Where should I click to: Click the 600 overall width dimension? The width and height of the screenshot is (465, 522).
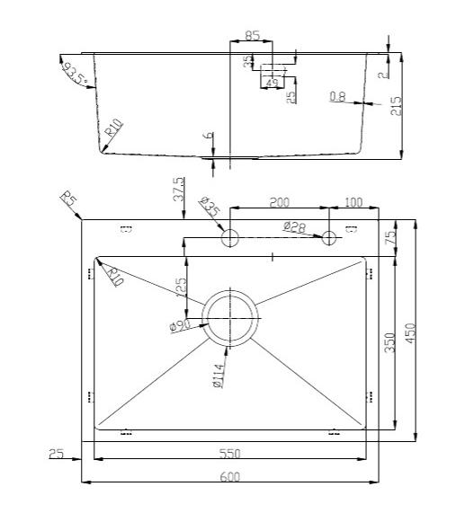229,477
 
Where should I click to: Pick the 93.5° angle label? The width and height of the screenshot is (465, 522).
73,71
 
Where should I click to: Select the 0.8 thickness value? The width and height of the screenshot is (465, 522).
338,96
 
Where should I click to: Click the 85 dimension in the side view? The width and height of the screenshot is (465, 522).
252,36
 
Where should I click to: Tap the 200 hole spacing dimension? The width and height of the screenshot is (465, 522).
280,202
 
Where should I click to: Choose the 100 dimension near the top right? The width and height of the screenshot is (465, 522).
353,202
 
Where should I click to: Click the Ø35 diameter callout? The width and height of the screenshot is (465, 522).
209,208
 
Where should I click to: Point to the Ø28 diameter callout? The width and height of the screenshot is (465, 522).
294,227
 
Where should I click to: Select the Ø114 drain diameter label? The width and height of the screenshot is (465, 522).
218,375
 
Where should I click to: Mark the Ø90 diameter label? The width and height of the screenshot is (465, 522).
180,324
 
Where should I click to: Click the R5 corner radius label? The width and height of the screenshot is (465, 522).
67,199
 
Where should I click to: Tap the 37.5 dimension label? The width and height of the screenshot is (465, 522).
178,189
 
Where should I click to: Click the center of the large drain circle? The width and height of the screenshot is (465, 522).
230,317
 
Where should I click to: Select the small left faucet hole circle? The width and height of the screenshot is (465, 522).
229,238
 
